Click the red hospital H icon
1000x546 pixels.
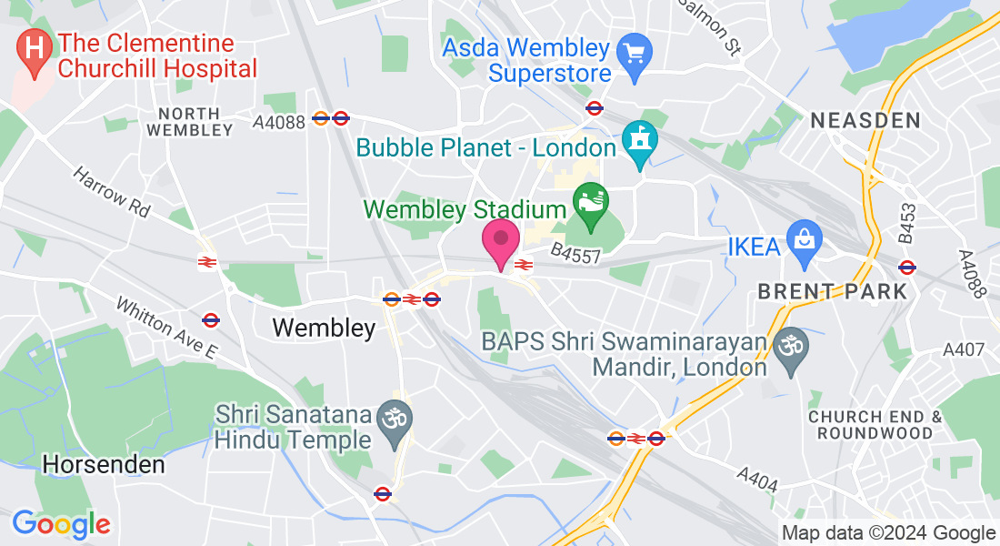(x=35, y=45)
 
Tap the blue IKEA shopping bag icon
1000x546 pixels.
(x=804, y=240)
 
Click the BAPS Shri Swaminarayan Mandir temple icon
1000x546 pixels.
(x=790, y=346)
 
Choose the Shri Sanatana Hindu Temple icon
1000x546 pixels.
(x=395, y=420)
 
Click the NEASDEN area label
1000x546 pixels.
(x=865, y=120)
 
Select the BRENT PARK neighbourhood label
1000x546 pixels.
(x=833, y=292)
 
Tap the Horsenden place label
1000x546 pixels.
(x=104, y=465)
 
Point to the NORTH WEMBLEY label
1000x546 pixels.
(x=189, y=121)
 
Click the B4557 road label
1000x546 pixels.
(x=575, y=255)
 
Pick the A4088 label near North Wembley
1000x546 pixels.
(x=279, y=121)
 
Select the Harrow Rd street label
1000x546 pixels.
(x=112, y=191)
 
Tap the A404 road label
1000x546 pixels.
(x=757, y=479)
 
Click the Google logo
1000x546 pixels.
(x=61, y=524)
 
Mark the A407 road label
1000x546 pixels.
(x=964, y=349)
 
